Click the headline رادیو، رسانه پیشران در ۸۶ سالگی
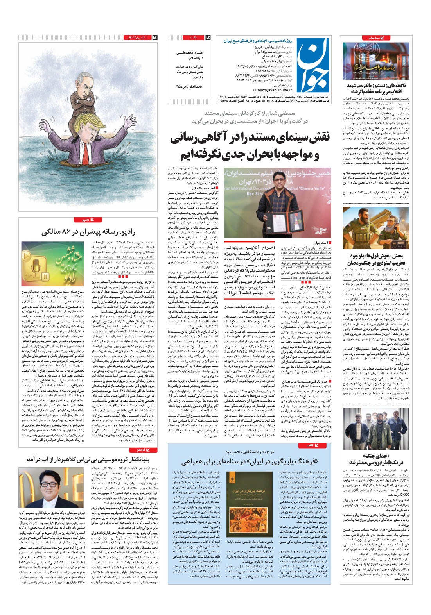coord(88,232)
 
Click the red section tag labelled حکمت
coord(196,38)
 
